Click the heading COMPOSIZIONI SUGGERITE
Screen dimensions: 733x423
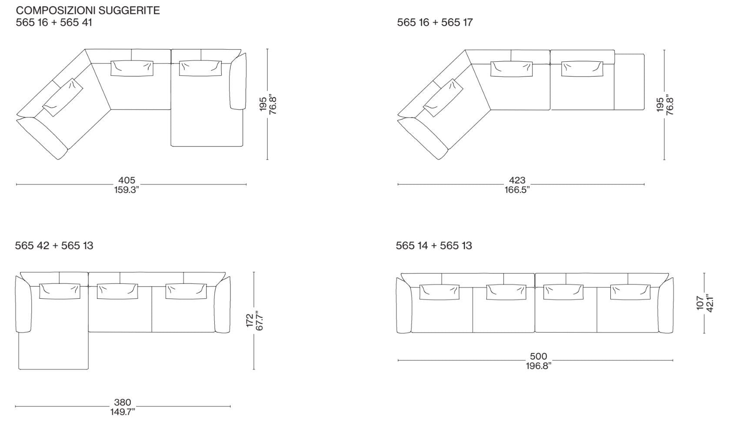pos(88,10)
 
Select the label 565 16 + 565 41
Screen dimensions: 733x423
pos(54,23)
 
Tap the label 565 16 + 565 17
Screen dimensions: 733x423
pos(435,23)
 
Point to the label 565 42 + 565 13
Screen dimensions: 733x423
pos(54,246)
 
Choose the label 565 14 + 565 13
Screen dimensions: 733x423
pos(434,246)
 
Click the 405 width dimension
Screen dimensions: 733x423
pos(127,180)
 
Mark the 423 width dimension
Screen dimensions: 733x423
pos(517,180)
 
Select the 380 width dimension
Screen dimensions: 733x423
pos(123,403)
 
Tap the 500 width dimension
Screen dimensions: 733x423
pos(538,356)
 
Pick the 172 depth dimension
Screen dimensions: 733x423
pos(250,320)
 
